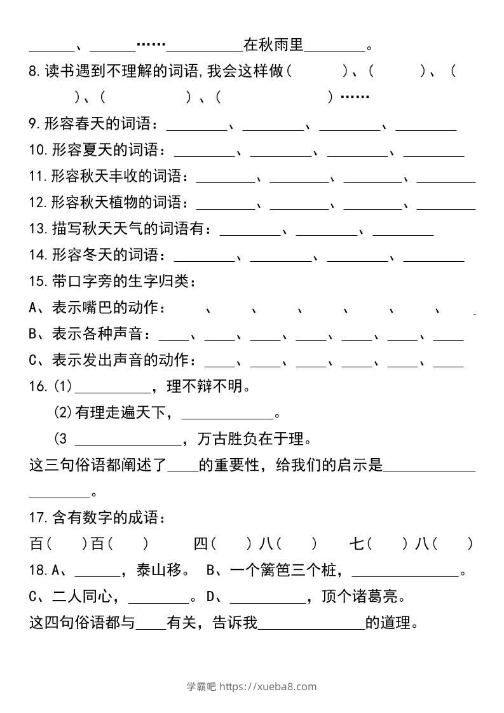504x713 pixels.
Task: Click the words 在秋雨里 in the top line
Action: click(x=273, y=46)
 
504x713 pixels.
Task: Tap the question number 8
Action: click(x=34, y=71)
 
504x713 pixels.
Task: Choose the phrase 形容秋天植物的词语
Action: click(x=116, y=203)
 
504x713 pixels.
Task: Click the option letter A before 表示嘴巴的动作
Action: click(x=34, y=308)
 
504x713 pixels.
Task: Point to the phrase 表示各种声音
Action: click(x=96, y=334)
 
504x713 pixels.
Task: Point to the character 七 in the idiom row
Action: click(x=357, y=545)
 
